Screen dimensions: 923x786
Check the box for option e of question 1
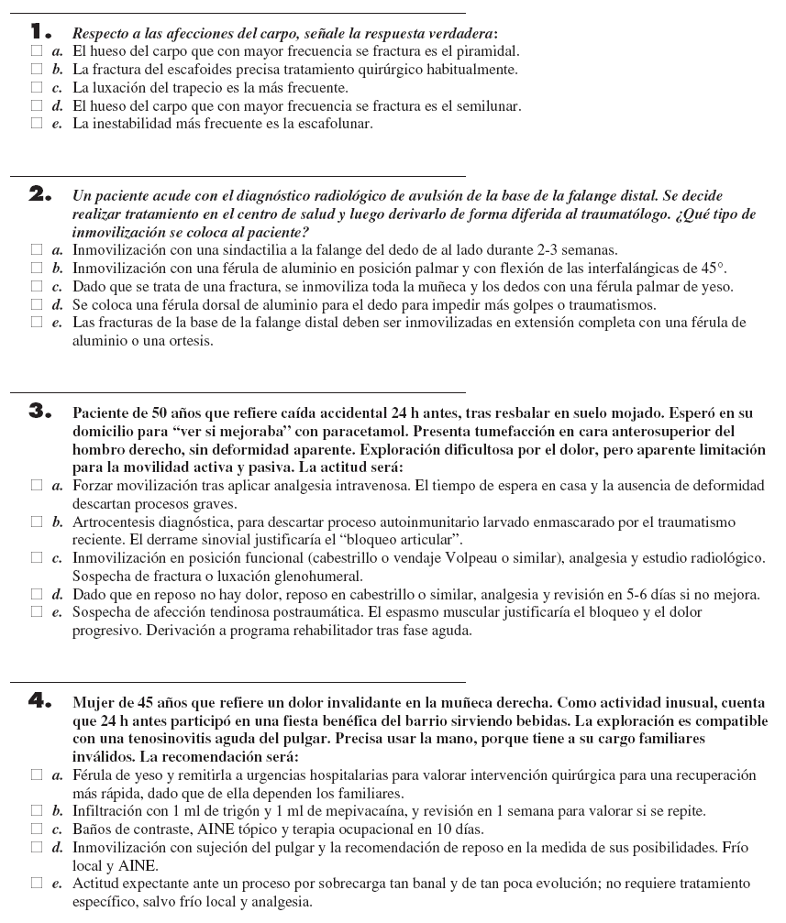36,124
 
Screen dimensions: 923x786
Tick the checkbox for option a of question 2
36,249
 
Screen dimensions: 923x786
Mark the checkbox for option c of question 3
36,557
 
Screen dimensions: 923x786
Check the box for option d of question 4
36,849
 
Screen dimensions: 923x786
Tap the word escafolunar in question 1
335,124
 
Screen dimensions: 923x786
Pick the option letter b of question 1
57,69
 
